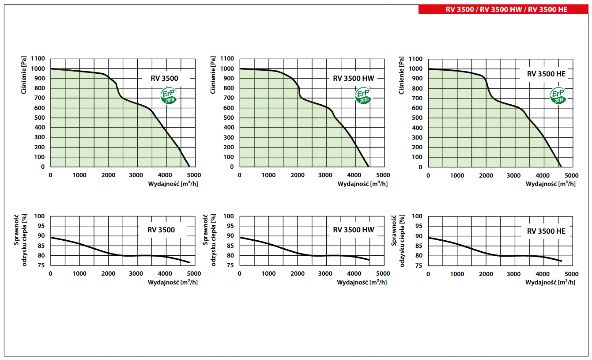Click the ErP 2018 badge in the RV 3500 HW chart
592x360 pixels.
pyautogui.click(x=364, y=95)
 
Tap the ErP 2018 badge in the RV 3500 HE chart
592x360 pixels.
pyautogui.click(x=559, y=95)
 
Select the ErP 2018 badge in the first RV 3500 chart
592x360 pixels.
pyautogui.click(x=169, y=95)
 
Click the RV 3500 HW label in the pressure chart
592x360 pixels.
pyautogui.click(x=353, y=79)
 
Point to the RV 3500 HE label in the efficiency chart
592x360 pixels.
pyautogui.click(x=546, y=231)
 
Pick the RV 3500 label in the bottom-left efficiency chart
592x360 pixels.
pyautogui.click(x=161, y=230)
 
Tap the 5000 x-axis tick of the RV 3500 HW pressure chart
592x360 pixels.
pyautogui.click(x=383, y=175)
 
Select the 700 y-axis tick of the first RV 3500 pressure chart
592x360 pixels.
pyautogui.click(x=39, y=98)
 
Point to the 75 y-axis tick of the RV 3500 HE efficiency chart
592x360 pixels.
pyautogui.click(x=417, y=265)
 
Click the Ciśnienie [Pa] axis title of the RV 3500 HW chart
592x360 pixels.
pyautogui.click(x=214, y=75)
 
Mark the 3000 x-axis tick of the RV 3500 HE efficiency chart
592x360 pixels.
pyautogui.click(x=514, y=274)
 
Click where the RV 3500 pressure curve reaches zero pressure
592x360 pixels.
pyautogui.click(x=189, y=167)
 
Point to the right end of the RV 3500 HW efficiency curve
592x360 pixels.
pyautogui.click(x=369, y=260)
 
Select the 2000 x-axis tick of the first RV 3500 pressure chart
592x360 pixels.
pyautogui.click(x=108, y=175)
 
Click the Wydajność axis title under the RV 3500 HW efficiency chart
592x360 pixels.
pyautogui.click(x=362, y=282)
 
